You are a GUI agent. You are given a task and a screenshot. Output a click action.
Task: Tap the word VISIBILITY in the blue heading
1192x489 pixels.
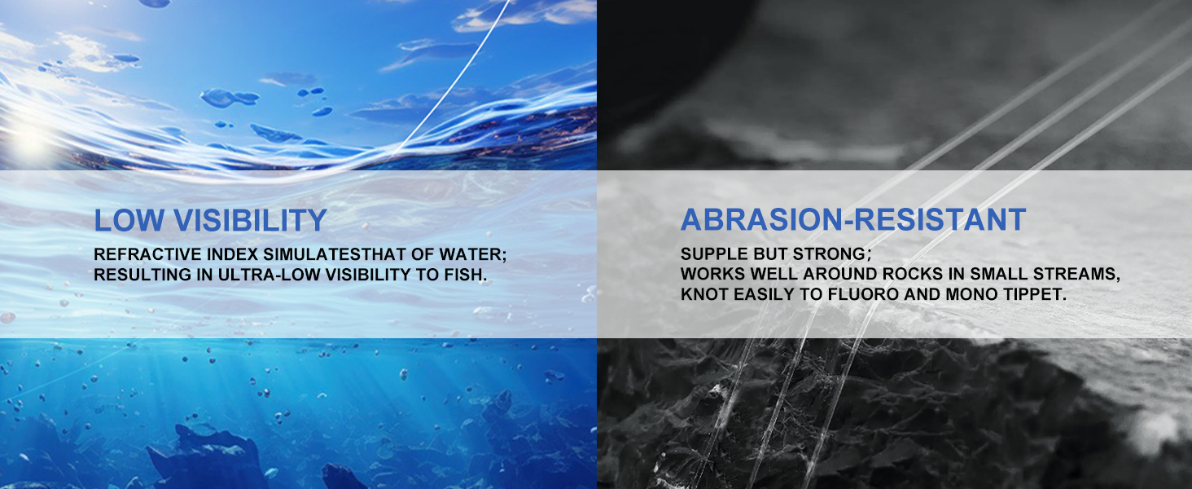[x=250, y=220]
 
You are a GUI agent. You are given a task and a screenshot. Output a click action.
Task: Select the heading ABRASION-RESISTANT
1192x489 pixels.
[x=853, y=219]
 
